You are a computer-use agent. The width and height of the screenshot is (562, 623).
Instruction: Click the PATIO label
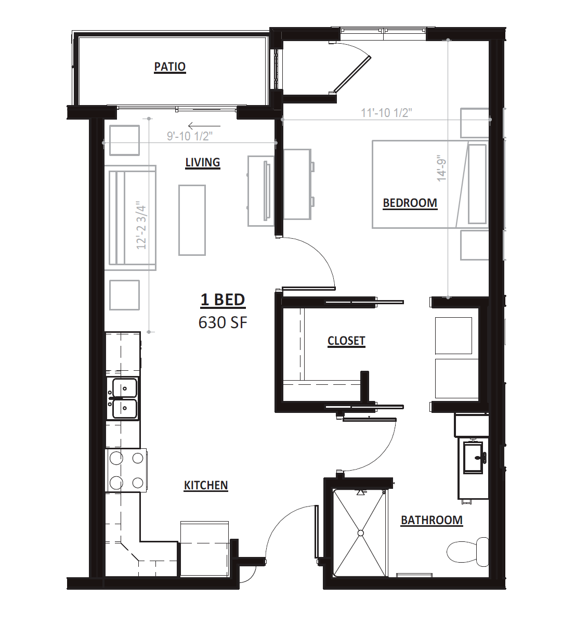click(170, 67)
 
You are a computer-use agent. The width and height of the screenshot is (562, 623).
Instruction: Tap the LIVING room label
click(203, 162)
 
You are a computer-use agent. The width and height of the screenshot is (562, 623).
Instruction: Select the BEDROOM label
click(410, 203)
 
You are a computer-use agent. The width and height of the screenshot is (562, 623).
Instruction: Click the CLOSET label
click(346, 341)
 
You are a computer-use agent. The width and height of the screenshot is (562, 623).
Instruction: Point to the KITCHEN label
click(206, 485)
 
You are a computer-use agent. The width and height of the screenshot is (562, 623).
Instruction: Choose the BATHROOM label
click(432, 520)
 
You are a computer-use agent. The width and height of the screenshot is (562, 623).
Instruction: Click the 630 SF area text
click(223, 322)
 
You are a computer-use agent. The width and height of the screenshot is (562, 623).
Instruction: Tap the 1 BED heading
click(223, 300)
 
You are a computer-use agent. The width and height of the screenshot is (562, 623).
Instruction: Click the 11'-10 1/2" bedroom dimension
click(386, 113)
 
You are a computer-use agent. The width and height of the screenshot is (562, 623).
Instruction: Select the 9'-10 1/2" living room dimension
click(189, 136)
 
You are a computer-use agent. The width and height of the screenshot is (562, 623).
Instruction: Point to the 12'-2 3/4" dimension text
click(142, 227)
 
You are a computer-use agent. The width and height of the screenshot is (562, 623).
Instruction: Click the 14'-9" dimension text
click(442, 168)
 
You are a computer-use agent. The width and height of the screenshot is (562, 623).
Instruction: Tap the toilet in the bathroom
click(468, 552)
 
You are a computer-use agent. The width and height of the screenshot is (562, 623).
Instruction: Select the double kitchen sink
click(124, 398)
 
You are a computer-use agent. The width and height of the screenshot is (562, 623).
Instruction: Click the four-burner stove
click(126, 471)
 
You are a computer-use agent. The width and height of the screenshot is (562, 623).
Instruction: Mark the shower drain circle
click(361, 533)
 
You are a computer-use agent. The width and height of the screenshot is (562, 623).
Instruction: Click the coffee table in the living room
click(192, 220)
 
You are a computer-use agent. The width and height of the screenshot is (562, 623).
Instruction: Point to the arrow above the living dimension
click(199, 126)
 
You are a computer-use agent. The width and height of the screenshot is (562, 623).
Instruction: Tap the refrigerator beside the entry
click(204, 549)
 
